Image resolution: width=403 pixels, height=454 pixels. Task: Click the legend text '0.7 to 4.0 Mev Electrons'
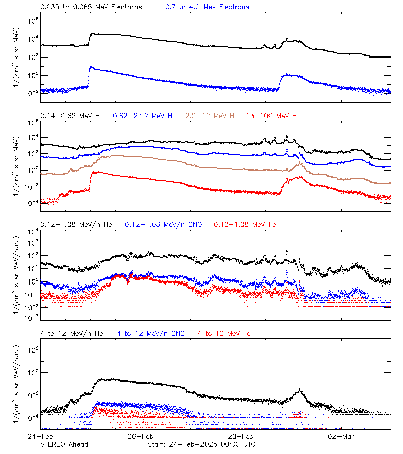point(207,7)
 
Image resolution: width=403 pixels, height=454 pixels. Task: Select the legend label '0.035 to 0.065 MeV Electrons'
point(91,7)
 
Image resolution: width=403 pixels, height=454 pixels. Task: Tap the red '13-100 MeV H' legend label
point(271,116)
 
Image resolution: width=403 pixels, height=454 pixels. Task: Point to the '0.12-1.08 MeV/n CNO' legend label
point(164,224)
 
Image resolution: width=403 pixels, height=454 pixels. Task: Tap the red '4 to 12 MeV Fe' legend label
point(224,333)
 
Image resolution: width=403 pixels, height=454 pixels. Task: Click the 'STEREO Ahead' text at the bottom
point(64,444)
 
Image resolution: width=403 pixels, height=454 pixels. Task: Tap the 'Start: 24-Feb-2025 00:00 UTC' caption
point(201,444)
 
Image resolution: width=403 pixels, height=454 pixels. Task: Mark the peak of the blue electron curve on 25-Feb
point(91,67)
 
